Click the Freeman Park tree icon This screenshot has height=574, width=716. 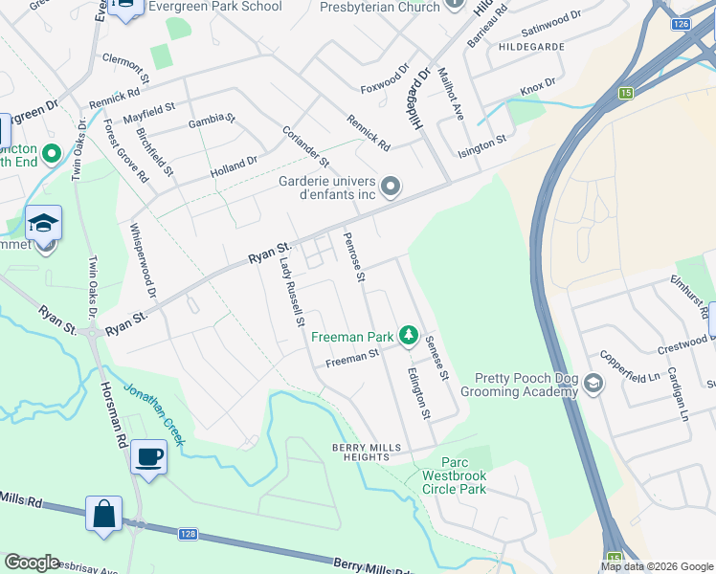click(409, 335)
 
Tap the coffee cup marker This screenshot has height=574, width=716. click(148, 456)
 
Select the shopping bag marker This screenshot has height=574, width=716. click(103, 514)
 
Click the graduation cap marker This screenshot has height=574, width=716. click(43, 224)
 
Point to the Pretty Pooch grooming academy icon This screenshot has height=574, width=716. click(593, 384)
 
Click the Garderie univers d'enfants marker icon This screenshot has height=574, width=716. click(391, 186)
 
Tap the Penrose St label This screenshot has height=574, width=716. click(354, 258)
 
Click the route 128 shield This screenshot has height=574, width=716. click(186, 533)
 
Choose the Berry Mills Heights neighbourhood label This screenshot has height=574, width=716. click(361, 452)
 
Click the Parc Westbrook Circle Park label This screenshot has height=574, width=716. click(455, 475)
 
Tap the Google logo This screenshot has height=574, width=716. click(32, 563)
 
